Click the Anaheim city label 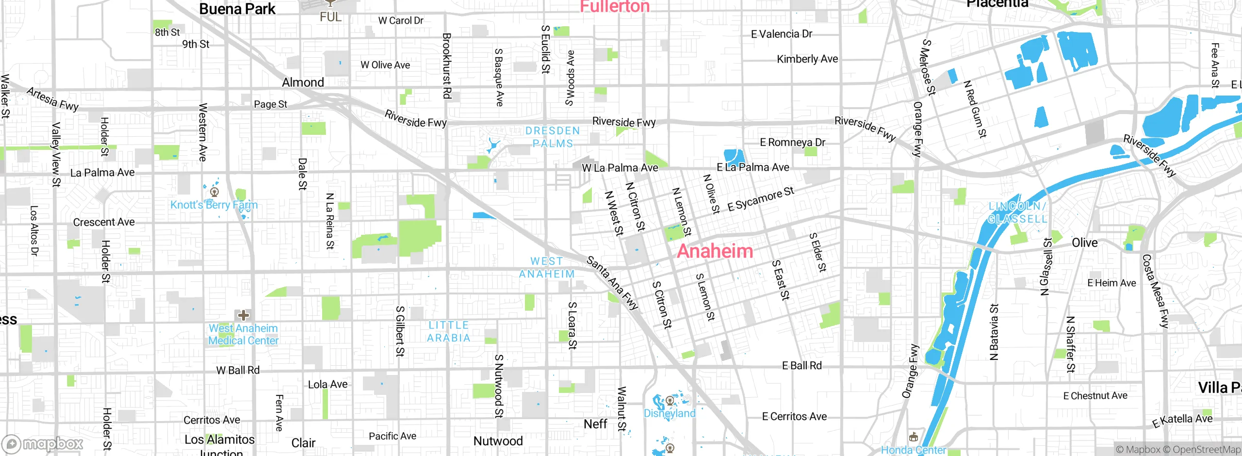point(715,251)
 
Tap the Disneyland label point(670,413)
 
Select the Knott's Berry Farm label point(214,205)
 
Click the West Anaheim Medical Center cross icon point(244,316)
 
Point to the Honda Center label point(913,450)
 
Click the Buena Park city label point(237,9)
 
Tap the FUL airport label point(330,17)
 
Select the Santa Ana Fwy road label point(612,283)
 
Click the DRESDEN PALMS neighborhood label point(553,137)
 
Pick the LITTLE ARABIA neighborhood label point(449,331)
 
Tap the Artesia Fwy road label point(52,99)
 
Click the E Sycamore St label point(760,199)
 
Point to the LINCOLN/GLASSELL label point(1017,212)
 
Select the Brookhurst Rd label point(447,65)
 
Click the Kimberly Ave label point(807,59)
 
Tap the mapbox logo point(43,444)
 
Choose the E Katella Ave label point(1182,420)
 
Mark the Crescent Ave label point(104,222)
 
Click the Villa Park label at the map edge point(1219,387)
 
